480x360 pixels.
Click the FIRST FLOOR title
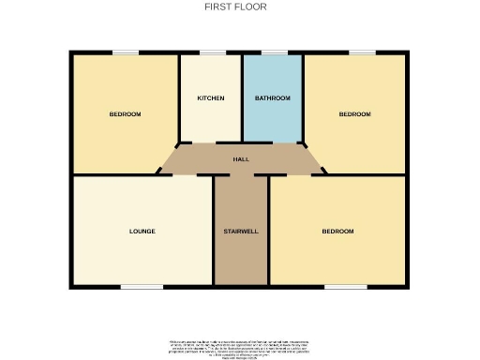coord(235,7)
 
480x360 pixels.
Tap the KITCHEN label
coord(210,98)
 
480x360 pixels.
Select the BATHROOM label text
coord(273,98)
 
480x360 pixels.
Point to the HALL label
coord(241,159)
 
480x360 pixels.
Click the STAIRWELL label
coord(241,231)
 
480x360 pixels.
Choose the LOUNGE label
coord(142,231)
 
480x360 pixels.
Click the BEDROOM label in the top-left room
coord(125,114)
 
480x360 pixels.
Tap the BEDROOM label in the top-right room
coord(354,114)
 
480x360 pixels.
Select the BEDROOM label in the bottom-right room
coord(337,231)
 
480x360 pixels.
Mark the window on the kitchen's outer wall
coord(211,52)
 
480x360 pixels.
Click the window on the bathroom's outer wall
coord(274,52)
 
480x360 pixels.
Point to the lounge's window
coord(141,286)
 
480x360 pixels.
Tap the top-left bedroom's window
coord(125,52)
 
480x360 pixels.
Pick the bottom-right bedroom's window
coord(339,286)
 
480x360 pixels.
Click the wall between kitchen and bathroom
coord(242,98)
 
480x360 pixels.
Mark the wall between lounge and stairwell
coord(214,231)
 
